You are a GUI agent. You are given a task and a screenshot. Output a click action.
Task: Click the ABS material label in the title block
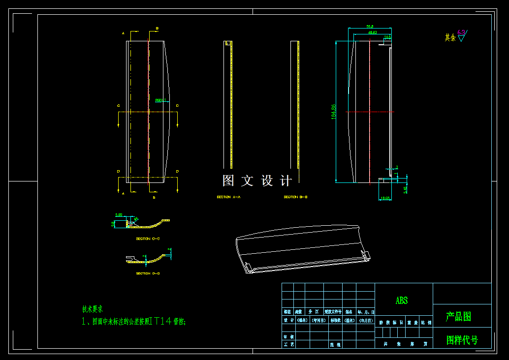(401, 300)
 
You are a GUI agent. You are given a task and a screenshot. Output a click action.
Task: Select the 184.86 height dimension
(333, 112)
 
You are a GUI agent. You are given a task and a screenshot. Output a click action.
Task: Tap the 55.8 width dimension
(370, 26)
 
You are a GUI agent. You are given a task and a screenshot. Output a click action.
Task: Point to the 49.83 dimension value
(373, 32)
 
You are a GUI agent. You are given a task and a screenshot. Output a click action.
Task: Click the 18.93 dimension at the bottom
(385, 198)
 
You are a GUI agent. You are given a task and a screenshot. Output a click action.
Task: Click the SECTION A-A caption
(228, 197)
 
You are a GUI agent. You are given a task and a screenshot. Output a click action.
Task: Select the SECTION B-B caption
(295, 197)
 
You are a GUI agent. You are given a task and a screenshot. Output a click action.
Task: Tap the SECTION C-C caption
(148, 239)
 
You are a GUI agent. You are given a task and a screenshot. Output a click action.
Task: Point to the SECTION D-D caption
(148, 273)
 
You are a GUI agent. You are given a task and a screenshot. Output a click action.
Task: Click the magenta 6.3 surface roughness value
(461, 32)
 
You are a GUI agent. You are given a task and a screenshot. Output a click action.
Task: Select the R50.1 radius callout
(159, 100)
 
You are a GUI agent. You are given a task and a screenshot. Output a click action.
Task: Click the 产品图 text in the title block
(458, 317)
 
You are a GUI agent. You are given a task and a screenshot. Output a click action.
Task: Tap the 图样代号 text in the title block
(462, 340)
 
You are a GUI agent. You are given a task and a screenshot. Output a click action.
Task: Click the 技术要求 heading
(93, 309)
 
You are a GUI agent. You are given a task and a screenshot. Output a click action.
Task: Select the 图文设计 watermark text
(257, 181)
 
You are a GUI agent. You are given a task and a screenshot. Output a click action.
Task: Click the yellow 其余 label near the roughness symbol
(450, 37)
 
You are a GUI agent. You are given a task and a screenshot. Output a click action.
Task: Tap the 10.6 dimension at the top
(387, 37)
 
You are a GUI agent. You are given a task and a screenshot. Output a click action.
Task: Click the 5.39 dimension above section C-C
(119, 215)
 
